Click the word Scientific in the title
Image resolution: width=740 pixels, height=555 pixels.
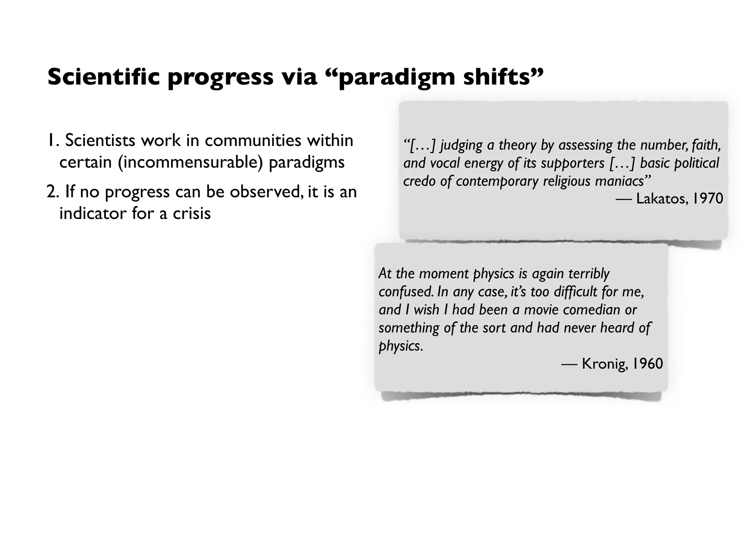pos(103,77)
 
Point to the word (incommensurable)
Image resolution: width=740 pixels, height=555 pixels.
pos(190,163)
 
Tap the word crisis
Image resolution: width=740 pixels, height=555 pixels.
pos(192,213)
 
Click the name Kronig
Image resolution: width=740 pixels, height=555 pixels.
pos(604,363)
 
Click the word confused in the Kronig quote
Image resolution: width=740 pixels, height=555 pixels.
pos(405,292)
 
